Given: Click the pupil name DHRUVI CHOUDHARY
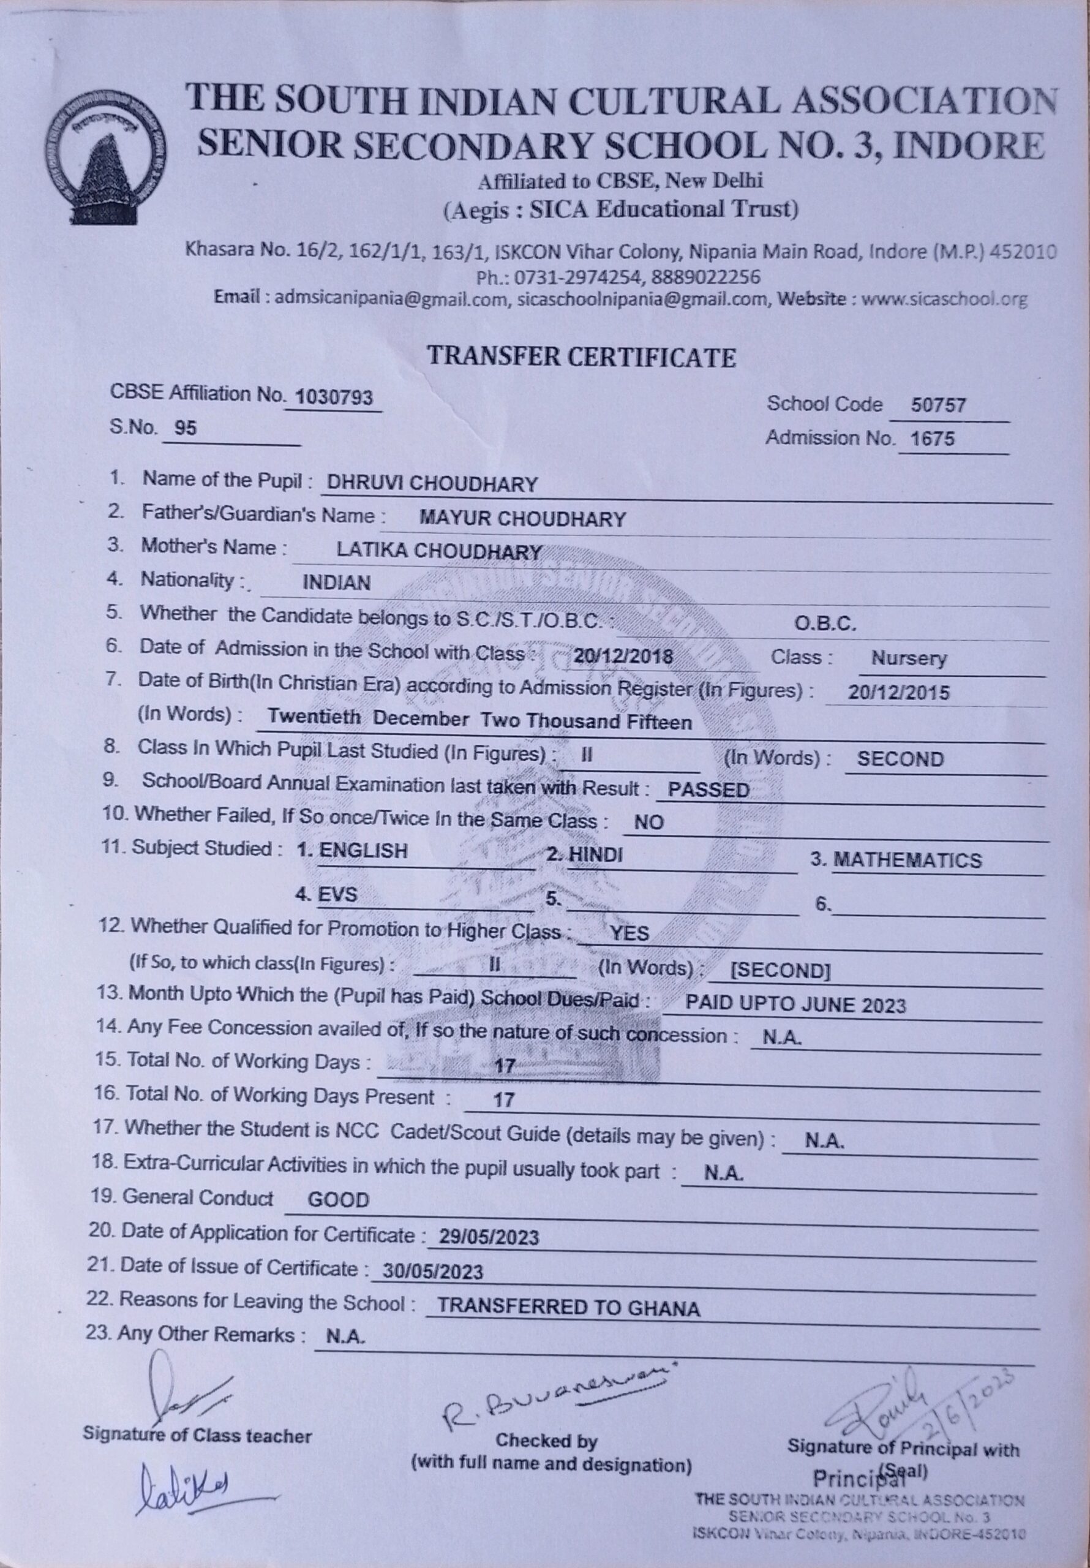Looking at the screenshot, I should point(432,484).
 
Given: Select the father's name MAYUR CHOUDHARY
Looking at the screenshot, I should point(522,519).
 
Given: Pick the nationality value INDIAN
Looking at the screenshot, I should point(337,582).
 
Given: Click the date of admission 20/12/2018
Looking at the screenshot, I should point(623,657).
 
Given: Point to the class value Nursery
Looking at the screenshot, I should point(908,659).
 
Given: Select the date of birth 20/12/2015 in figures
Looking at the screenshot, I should point(898,693).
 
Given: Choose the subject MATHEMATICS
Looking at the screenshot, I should point(907,861).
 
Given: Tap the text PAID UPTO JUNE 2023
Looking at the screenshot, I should point(795,1005).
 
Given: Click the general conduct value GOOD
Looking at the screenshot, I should point(339,1200).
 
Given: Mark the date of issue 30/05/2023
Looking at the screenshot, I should point(433,1272).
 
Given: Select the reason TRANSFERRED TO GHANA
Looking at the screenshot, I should point(568,1308).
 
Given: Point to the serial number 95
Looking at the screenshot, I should point(185,428).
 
